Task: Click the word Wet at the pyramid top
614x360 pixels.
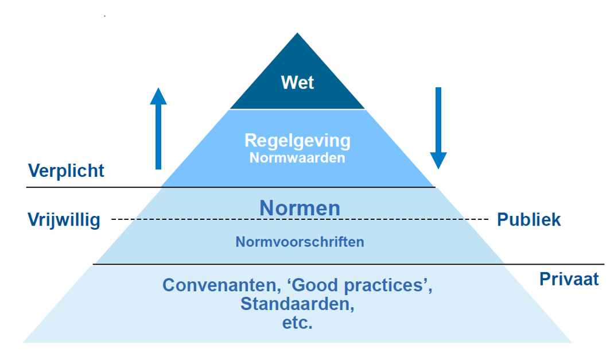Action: (x=297, y=83)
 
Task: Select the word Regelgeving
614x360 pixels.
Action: (x=297, y=141)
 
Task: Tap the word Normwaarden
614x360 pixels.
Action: (x=297, y=158)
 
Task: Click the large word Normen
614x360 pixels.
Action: (x=300, y=208)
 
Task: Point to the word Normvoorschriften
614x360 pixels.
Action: (x=300, y=242)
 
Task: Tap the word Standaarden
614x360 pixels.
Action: (x=297, y=304)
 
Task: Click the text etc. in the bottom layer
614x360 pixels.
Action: (x=297, y=323)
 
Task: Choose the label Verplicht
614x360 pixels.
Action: (x=67, y=171)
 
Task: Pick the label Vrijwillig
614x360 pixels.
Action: (x=64, y=220)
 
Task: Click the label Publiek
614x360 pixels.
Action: (x=528, y=220)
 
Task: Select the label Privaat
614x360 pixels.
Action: (x=569, y=279)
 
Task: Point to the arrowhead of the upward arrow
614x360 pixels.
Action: (x=158, y=96)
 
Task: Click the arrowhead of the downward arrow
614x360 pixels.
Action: (x=438, y=160)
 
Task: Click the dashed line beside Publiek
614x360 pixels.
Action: (x=471, y=219)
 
